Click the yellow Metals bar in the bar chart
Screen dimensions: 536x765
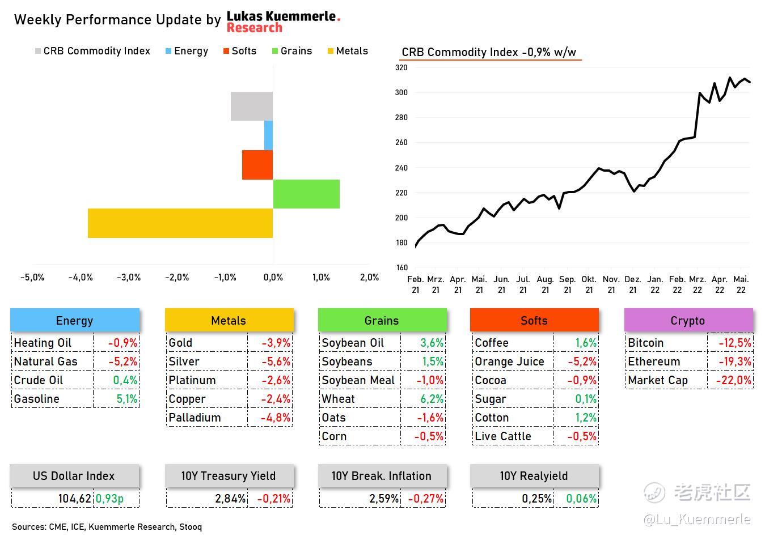[x=180, y=223]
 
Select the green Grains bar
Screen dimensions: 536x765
[x=306, y=194]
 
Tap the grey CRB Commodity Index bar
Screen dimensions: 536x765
[x=252, y=106]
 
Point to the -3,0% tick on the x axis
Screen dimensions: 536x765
[x=129, y=277]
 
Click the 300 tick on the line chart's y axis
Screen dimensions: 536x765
[x=401, y=92]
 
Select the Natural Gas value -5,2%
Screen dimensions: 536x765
[x=122, y=361]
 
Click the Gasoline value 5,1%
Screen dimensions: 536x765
[x=127, y=399]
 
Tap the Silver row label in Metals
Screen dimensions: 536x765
[x=184, y=361]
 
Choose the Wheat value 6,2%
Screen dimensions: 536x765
[x=432, y=399]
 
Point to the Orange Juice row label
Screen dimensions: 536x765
[x=509, y=361]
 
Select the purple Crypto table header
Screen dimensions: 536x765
[x=688, y=321]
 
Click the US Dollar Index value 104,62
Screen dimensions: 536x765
[x=74, y=499]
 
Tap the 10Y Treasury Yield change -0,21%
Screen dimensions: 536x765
[x=274, y=499]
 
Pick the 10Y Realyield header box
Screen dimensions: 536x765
[x=534, y=476]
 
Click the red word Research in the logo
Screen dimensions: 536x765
[x=254, y=28]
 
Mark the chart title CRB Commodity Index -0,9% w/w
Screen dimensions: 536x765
[x=489, y=52]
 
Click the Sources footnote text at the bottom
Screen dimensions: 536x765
[x=107, y=527]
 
